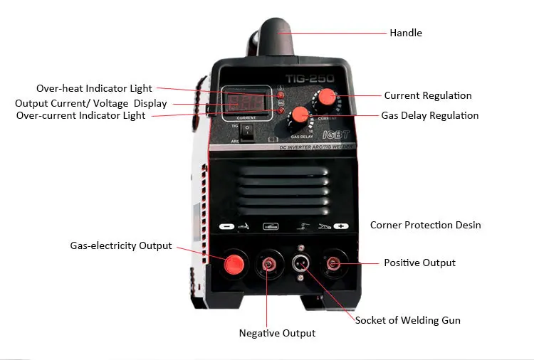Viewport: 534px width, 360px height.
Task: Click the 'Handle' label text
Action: (405, 33)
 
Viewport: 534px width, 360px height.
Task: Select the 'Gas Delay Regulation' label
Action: (429, 115)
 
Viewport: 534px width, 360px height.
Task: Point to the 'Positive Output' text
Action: (419, 263)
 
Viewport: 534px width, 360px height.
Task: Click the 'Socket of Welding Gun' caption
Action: (407, 320)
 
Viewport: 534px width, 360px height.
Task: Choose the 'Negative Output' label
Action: (277, 333)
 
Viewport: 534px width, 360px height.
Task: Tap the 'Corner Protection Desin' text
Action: (425, 225)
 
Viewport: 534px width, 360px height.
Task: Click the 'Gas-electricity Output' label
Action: (121, 245)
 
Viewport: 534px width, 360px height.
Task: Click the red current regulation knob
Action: (328, 97)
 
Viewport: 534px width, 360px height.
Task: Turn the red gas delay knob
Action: (300, 115)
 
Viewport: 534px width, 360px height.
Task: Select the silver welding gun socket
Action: (301, 264)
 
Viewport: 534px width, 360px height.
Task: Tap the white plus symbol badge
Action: (340, 226)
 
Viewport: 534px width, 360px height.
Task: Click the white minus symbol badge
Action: (227, 226)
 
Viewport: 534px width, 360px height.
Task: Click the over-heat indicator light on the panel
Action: (281, 92)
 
